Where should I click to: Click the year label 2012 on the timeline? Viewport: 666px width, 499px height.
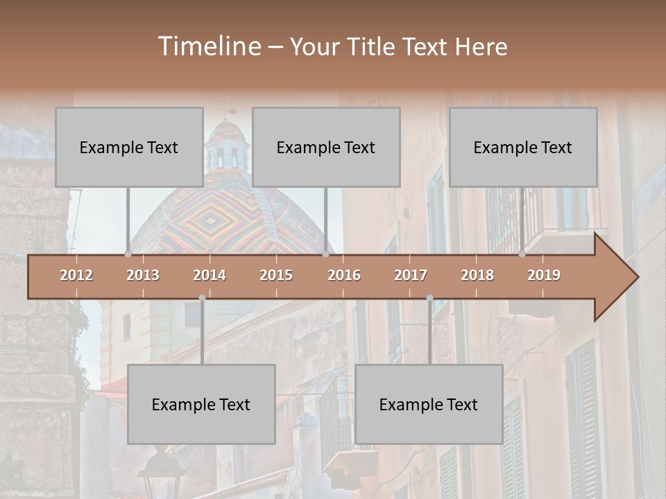(x=76, y=275)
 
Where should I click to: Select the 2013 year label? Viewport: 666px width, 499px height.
(x=143, y=275)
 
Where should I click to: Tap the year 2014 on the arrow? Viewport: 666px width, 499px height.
(x=210, y=275)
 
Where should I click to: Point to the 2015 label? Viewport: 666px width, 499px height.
(x=276, y=275)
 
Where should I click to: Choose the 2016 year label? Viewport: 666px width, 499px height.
(x=344, y=275)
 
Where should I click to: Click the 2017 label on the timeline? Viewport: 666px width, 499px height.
(x=411, y=275)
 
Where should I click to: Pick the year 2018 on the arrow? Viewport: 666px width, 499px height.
(x=477, y=275)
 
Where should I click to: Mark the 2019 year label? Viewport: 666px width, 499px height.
(x=544, y=275)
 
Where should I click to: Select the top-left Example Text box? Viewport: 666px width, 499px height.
(x=129, y=147)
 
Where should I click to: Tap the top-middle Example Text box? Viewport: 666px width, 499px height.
(x=326, y=147)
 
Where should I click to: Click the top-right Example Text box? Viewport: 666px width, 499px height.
(x=523, y=147)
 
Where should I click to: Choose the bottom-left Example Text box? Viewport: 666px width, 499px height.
(x=201, y=404)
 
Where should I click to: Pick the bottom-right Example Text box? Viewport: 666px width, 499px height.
(x=429, y=404)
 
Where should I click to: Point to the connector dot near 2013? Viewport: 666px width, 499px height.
(x=128, y=254)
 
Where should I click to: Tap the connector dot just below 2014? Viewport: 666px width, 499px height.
(x=202, y=298)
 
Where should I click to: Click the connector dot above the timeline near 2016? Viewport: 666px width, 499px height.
(x=325, y=254)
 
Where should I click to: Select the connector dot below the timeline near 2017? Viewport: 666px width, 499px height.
(x=429, y=298)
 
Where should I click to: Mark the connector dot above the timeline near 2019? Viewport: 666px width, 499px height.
(x=522, y=254)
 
